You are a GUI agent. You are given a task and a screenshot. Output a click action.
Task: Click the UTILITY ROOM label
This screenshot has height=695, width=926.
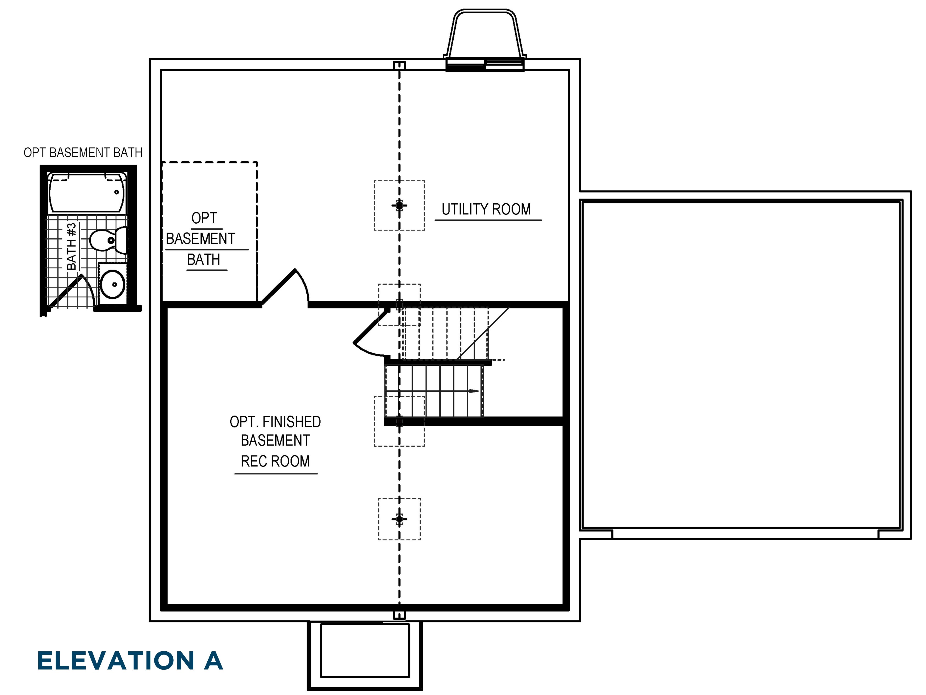[486, 209]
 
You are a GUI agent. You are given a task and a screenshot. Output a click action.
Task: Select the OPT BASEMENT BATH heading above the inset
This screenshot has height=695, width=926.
[83, 152]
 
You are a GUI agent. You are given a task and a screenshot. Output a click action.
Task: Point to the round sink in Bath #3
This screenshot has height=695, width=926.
[112, 284]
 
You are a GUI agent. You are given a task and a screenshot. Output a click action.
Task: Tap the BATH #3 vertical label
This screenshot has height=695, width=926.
[72, 246]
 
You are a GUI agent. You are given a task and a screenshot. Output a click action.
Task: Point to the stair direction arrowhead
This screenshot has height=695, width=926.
[474, 391]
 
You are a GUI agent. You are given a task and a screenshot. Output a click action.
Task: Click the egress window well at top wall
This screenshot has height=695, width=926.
[485, 38]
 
